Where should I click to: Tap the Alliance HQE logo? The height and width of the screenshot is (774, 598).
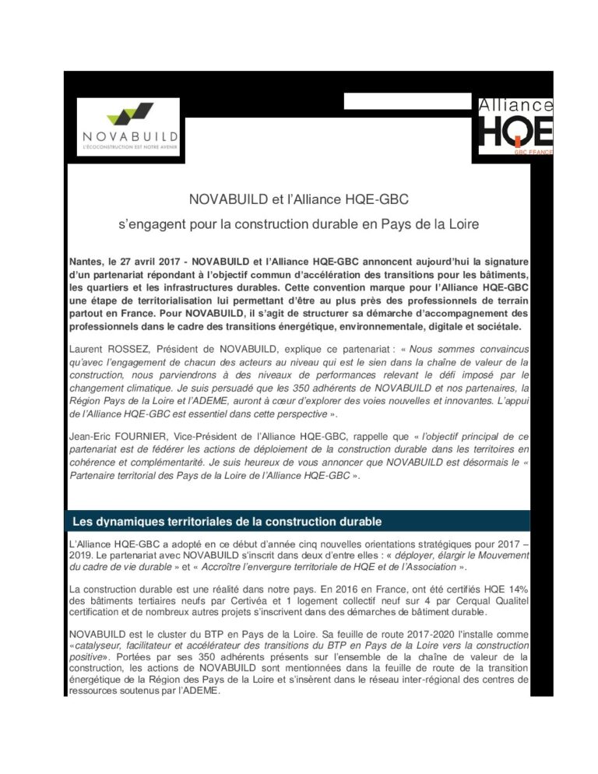tap(515, 125)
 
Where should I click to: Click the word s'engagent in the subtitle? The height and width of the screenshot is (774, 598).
tap(149, 224)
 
